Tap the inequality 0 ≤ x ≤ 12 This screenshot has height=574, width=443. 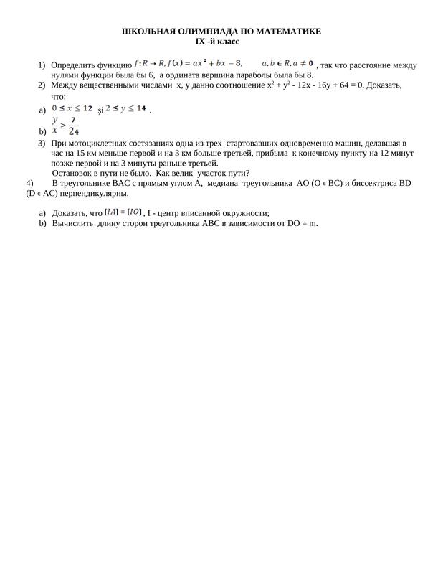(x=73, y=108)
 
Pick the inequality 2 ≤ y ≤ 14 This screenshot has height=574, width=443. (x=126, y=108)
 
